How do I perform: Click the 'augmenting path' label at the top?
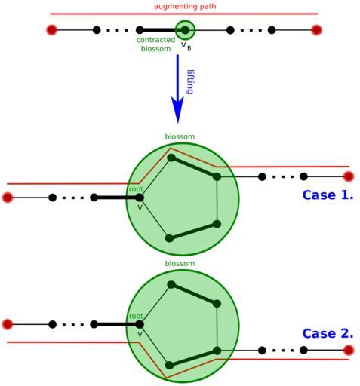(185, 6)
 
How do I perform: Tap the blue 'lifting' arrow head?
(177, 109)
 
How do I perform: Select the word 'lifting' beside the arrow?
(190, 82)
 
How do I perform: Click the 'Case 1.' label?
(328, 195)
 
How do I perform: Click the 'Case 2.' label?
(328, 334)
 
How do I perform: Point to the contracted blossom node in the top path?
(185, 30)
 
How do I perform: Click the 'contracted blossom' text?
(155, 44)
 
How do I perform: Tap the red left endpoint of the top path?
(51, 30)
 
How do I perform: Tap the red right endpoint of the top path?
(316, 30)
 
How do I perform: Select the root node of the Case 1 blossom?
(140, 198)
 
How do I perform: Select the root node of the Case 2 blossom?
(140, 324)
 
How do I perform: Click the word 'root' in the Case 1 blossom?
(136, 189)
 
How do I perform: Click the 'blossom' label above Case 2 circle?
(180, 264)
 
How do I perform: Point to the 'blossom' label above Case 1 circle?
(180, 136)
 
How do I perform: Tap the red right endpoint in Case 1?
(349, 176)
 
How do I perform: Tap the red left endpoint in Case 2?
(8, 324)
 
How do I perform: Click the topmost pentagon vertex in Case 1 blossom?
(171, 158)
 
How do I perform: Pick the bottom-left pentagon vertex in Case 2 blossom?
(170, 365)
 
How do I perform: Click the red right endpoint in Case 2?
(349, 350)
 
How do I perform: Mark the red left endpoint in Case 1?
(8, 198)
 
